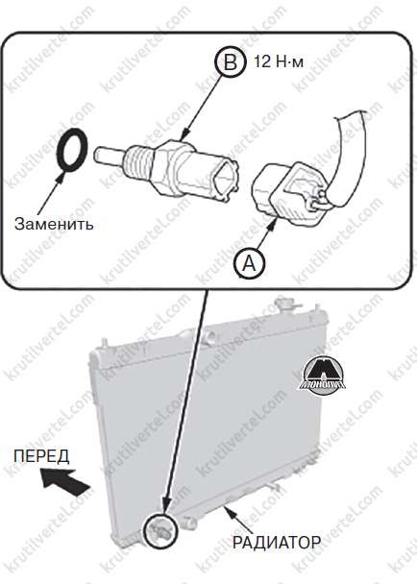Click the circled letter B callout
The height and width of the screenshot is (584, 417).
coord(231,61)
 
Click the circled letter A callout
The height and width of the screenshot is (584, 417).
coord(249,264)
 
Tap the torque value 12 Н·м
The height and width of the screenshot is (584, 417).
coord(279,61)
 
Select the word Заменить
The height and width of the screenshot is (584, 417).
coord(54,224)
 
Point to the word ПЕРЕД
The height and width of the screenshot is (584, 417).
coord(41,456)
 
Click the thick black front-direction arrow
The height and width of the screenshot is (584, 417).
coord(65,482)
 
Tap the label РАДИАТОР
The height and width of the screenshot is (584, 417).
coord(277,542)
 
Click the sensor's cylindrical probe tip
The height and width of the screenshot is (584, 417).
coord(110,155)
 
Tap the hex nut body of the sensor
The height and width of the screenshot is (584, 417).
coord(165,167)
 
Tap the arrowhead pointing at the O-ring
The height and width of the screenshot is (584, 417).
coord(59,177)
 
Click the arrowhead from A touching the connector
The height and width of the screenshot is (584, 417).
coord(273,225)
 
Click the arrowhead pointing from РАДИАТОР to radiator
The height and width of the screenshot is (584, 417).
coord(227,510)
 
